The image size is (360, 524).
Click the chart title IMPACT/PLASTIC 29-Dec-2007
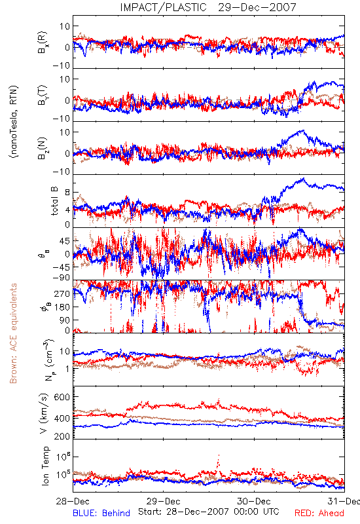point(208,7)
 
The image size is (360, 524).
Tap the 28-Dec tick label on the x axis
point(73,501)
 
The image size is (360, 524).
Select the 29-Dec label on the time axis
point(164,501)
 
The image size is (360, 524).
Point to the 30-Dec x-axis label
point(254,501)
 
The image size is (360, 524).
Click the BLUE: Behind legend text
point(101,513)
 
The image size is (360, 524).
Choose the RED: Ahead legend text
point(319,513)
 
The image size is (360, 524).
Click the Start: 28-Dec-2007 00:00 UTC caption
point(209,512)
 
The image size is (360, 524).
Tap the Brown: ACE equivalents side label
point(13,333)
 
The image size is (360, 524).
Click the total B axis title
point(54,201)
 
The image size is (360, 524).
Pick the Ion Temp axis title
point(45,466)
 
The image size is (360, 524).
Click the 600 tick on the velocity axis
point(62,397)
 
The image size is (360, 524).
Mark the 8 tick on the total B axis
point(67,193)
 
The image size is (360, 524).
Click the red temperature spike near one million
point(219,460)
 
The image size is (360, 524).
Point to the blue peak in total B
point(303,179)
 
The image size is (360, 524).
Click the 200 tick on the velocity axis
point(62,436)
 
